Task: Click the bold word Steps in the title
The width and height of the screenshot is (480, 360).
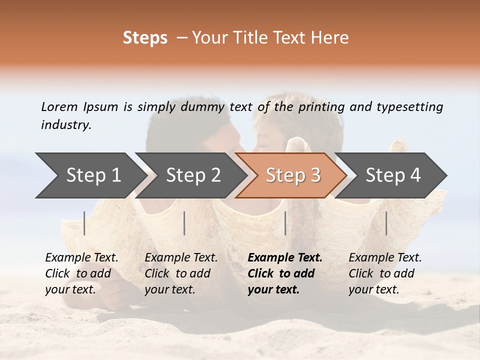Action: click(x=145, y=38)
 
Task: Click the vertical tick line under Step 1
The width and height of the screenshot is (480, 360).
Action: click(x=84, y=223)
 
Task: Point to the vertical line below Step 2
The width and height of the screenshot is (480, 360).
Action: click(x=184, y=223)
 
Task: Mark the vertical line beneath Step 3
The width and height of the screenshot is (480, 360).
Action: click(x=285, y=223)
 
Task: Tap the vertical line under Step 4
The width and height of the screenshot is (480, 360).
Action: click(x=386, y=223)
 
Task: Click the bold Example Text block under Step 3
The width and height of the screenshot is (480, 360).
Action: click(x=285, y=273)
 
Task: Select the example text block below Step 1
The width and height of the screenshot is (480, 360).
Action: click(x=81, y=273)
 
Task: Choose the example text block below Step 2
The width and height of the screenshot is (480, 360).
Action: click(x=181, y=273)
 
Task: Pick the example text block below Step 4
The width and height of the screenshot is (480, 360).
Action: click(x=385, y=273)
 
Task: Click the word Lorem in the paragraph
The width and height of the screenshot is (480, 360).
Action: click(x=59, y=106)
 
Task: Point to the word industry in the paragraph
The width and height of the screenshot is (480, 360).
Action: click(x=66, y=124)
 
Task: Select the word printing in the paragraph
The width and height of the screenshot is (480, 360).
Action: click(x=321, y=106)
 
